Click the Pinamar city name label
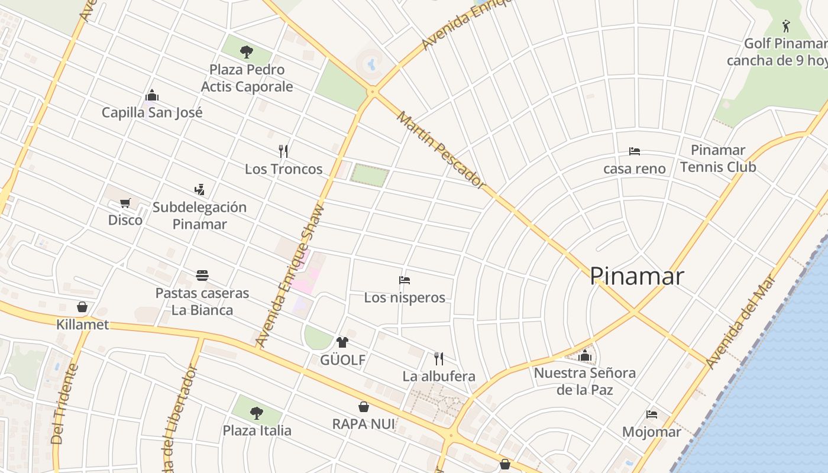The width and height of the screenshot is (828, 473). pyautogui.click(x=637, y=276)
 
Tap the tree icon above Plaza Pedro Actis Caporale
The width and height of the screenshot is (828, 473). pyautogui.click(x=247, y=52)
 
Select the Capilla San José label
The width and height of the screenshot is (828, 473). pyautogui.click(x=152, y=112)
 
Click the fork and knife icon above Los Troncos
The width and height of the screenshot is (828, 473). pyautogui.click(x=283, y=151)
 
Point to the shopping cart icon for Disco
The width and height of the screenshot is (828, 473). pyautogui.click(x=125, y=203)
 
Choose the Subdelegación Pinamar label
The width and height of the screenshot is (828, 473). pyautogui.click(x=199, y=215)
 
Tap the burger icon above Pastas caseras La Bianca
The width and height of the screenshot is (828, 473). pyautogui.click(x=202, y=275)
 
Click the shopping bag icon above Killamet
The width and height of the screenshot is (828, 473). pyautogui.click(x=82, y=307)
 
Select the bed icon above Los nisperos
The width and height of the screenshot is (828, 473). pyautogui.click(x=405, y=280)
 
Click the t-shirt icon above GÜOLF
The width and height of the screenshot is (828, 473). pyautogui.click(x=342, y=342)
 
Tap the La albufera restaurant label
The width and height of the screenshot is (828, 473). pyautogui.click(x=439, y=376)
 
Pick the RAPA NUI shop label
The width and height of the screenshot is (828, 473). pyautogui.click(x=364, y=424)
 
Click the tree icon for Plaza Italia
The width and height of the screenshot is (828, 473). pyautogui.click(x=256, y=413)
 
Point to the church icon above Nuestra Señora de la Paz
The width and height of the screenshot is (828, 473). pyautogui.click(x=585, y=355)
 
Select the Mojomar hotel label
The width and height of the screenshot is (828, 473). pyautogui.click(x=652, y=432)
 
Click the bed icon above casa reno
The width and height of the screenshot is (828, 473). pyautogui.click(x=635, y=151)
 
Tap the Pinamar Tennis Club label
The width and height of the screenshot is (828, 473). pyautogui.click(x=718, y=158)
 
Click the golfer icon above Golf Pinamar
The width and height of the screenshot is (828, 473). pyautogui.click(x=786, y=26)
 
